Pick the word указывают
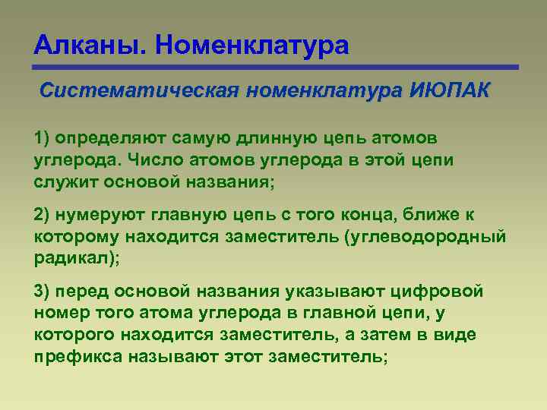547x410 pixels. tap(331, 292)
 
